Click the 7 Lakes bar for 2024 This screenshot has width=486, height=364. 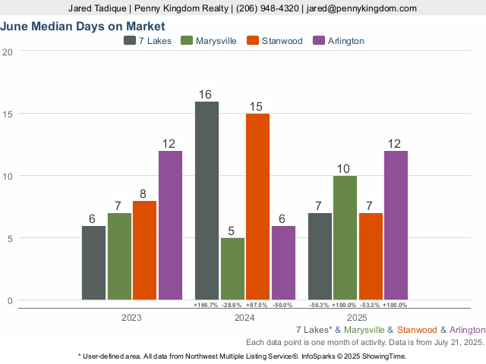tap(207, 200)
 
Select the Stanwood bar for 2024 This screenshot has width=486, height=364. tap(257, 206)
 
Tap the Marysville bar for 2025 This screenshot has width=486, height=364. tap(345, 237)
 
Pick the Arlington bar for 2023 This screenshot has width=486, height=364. tap(170, 224)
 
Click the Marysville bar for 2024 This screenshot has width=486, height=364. tap(232, 268)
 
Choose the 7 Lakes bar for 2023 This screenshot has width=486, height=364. tap(93, 262)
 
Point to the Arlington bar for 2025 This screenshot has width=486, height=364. tap(396, 224)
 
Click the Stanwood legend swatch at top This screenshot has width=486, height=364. tap(254, 40)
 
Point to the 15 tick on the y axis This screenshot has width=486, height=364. tap(8, 114)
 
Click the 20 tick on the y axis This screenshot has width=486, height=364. tap(8, 52)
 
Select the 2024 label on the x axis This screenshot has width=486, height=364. tap(245, 318)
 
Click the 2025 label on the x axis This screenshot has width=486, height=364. tap(358, 318)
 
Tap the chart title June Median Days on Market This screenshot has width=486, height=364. tap(83, 27)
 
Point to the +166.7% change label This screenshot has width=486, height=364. tap(207, 305)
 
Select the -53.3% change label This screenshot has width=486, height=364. tap(370, 305)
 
